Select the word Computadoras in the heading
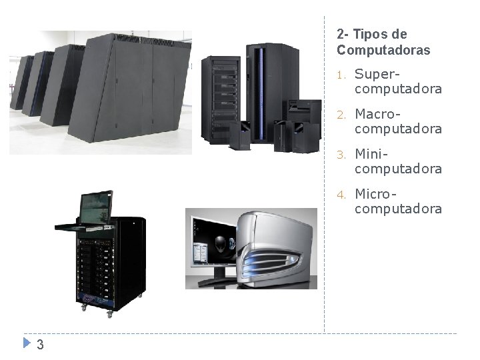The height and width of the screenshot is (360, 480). point(383,50)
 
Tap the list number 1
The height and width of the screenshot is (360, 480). point(340,75)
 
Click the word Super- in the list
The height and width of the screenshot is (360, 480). point(378,73)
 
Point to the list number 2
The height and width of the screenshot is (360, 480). point(340,115)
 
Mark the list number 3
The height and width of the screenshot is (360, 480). point(340,155)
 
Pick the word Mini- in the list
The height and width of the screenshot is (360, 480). point(371,154)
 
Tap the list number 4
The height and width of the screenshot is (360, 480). point(340,195)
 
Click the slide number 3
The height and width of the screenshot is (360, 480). point(40,345)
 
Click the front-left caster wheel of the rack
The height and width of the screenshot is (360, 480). point(84,307)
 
